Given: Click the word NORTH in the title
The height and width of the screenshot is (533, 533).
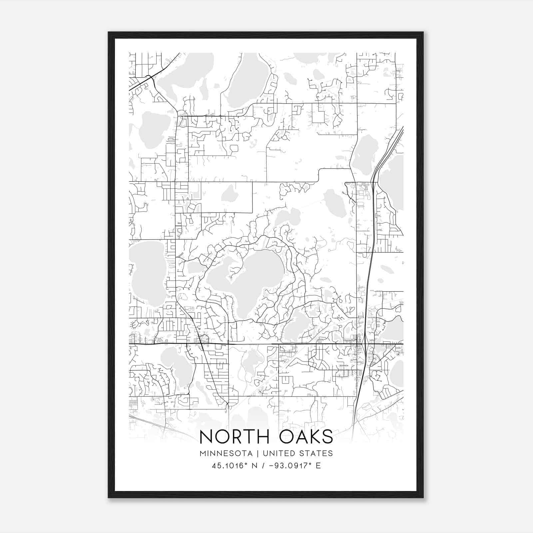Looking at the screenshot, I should pyautogui.click(x=234, y=437).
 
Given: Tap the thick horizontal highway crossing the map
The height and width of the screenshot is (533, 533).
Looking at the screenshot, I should pyautogui.click(x=266, y=344).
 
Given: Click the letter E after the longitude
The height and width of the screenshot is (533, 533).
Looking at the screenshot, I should pyautogui.click(x=318, y=466).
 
